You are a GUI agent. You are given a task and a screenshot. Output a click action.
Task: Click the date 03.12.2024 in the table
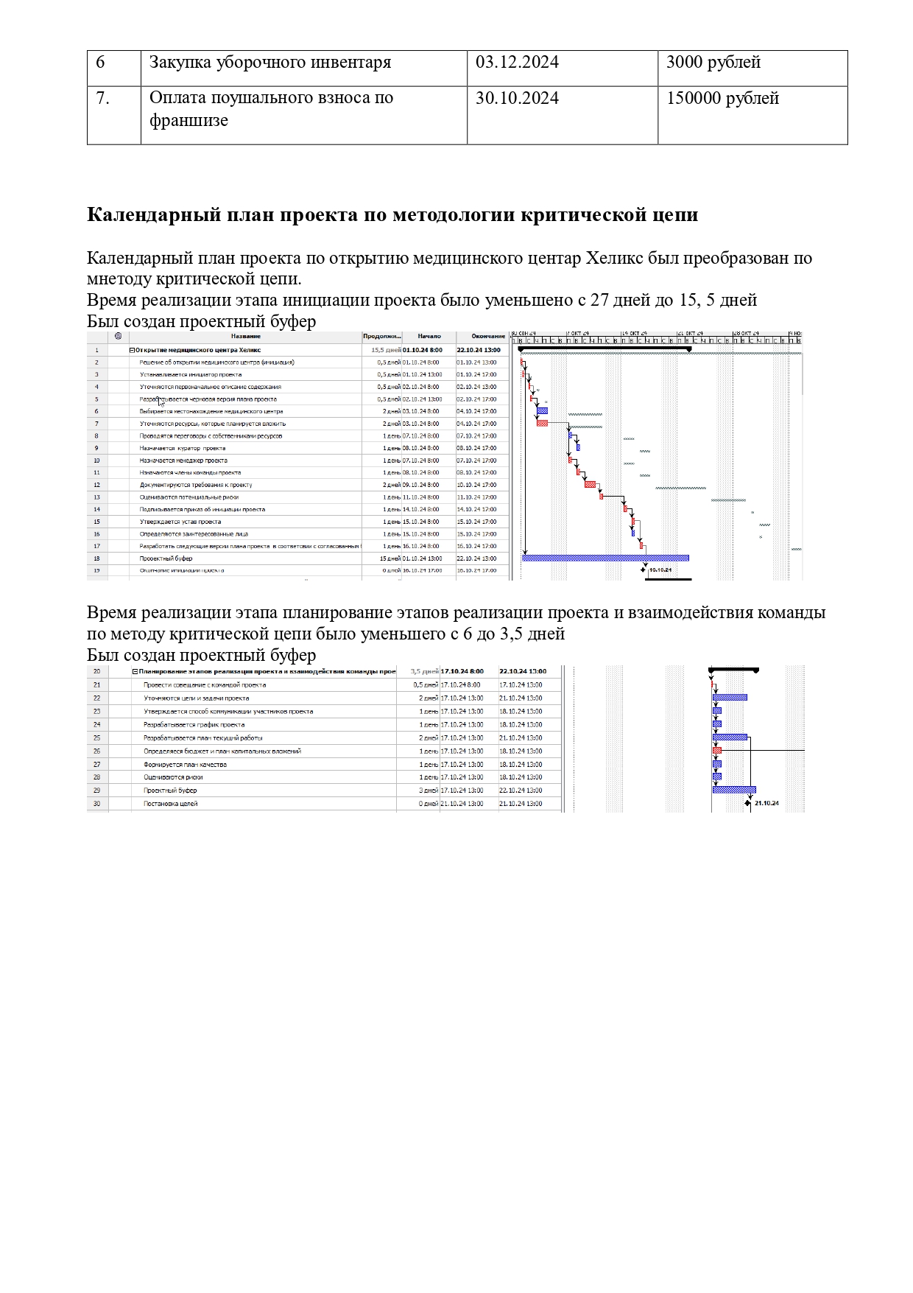(517, 63)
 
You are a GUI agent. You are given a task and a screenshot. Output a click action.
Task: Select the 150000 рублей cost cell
(722, 99)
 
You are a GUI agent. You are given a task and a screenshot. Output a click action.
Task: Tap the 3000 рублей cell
(713, 63)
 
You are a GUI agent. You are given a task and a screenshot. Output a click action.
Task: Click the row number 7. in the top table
(102, 99)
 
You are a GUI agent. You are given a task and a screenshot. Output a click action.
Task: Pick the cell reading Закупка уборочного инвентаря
(269, 63)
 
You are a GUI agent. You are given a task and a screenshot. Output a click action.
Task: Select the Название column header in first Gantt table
(245, 337)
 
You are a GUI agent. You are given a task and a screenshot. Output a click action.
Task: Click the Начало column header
(429, 337)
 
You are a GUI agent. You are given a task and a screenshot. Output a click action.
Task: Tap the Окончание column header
(488, 337)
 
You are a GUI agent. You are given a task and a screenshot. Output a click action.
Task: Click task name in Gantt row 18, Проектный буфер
(166, 558)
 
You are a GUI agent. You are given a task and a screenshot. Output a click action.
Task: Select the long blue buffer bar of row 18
(605, 558)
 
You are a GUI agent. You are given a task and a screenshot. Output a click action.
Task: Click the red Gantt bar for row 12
(591, 485)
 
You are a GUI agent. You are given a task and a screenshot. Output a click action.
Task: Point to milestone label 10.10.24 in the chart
(660, 570)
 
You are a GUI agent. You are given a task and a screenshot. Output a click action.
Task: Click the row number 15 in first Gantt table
(96, 522)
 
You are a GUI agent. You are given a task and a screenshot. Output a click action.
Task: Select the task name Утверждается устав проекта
(180, 522)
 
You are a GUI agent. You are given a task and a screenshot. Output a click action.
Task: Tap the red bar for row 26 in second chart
(717, 751)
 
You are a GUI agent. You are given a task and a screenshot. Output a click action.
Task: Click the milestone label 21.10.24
(766, 804)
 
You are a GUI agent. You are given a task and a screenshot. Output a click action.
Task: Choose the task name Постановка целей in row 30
(170, 804)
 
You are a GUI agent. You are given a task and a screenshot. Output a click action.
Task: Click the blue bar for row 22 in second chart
(730, 698)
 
